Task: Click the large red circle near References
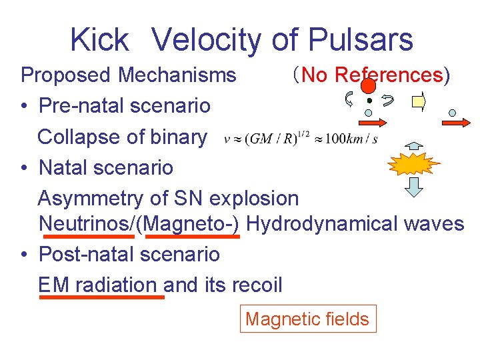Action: point(369,85)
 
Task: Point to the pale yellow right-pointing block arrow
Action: point(419,102)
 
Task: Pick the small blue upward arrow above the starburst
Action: point(414,145)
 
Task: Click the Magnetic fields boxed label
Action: point(307,319)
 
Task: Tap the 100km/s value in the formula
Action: point(353,139)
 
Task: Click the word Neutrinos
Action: point(87,223)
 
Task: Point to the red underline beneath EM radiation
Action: point(102,297)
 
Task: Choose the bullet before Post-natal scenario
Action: point(24,255)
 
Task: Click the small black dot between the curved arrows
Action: point(369,101)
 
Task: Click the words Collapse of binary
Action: point(122,137)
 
